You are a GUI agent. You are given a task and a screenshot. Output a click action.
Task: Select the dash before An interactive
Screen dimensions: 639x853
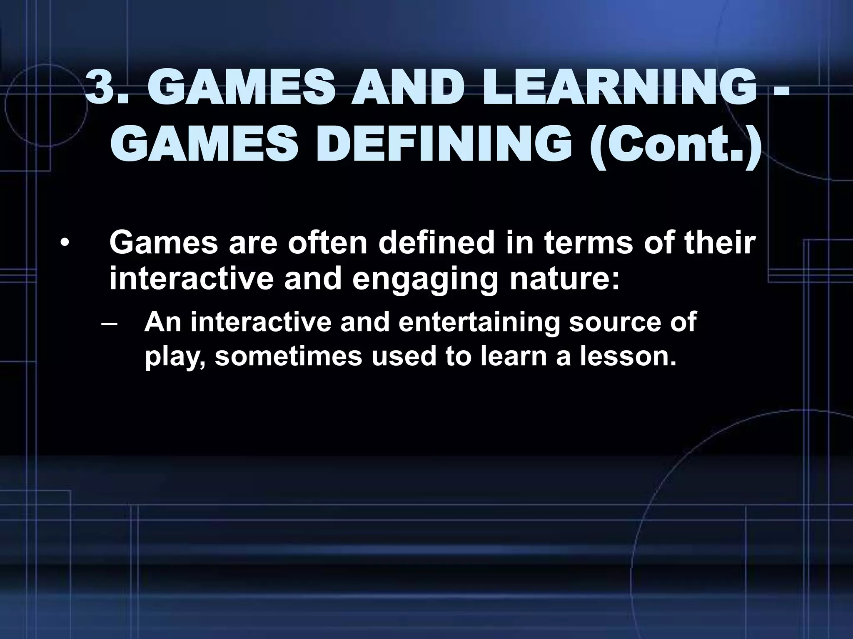coord(109,323)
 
